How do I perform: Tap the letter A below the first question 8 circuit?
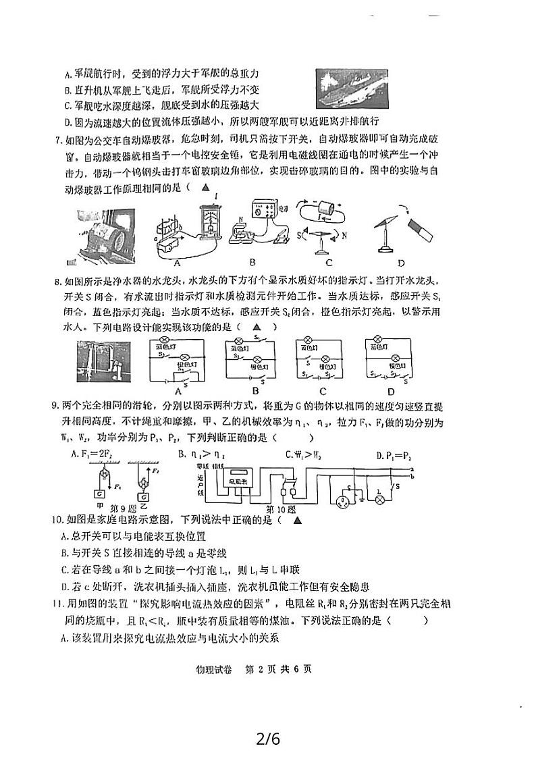coord(180,390)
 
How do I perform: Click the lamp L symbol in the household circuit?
coord(379,500)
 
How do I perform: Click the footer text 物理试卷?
coord(212,669)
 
